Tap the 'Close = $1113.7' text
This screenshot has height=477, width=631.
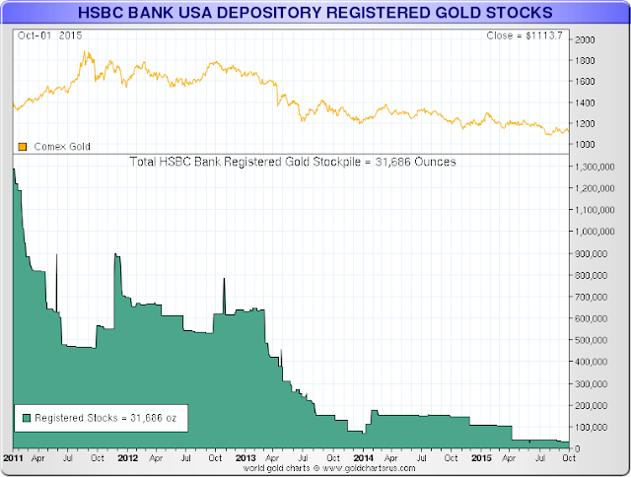(525, 35)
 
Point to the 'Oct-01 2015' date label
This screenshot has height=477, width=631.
(50, 35)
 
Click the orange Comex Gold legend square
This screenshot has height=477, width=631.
(23, 147)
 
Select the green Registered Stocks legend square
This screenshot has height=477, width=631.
(27, 418)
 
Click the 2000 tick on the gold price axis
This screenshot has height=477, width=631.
(585, 39)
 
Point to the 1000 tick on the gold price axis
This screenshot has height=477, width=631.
(585, 145)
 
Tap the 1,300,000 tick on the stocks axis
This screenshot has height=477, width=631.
(595, 167)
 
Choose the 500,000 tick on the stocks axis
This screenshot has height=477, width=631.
(591, 340)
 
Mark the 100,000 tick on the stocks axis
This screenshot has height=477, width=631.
(591, 427)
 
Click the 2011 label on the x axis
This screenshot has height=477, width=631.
(13, 458)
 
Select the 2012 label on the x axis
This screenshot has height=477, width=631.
(127, 458)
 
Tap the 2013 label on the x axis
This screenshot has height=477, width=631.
(245, 458)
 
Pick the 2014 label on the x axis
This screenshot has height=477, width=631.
(364, 458)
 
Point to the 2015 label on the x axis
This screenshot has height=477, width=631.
(481, 458)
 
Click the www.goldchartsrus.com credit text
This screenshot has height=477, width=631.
(369, 468)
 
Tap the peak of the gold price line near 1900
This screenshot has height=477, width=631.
(85, 51)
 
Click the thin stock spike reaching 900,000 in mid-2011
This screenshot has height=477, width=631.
(56, 282)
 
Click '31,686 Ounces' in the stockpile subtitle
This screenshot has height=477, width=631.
(416, 162)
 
